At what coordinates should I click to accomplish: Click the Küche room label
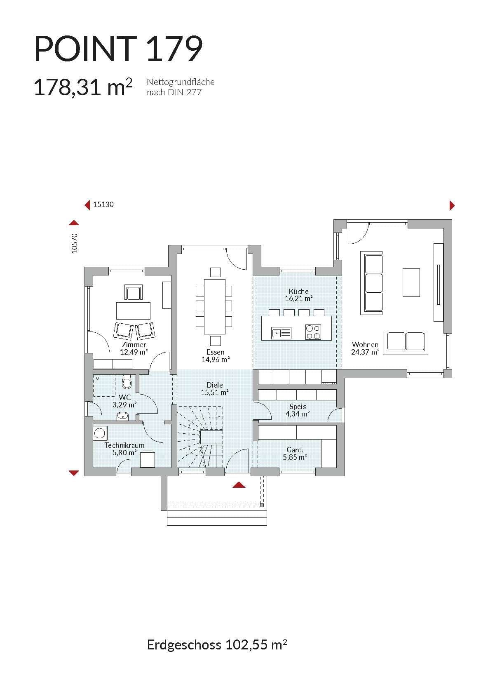click(x=298, y=292)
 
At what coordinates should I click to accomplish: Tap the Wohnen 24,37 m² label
click(x=365, y=348)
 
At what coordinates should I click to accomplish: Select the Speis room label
click(x=298, y=407)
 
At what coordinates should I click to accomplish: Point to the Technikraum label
click(x=124, y=445)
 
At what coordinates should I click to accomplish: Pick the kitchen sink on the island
click(x=281, y=333)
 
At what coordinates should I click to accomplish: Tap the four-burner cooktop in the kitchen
click(x=313, y=332)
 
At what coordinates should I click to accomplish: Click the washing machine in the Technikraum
click(x=100, y=433)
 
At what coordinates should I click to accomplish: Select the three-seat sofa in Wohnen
click(x=372, y=283)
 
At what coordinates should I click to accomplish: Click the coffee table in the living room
click(x=411, y=282)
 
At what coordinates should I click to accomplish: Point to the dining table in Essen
click(x=215, y=307)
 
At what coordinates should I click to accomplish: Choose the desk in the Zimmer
click(x=133, y=310)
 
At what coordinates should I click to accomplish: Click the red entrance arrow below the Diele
click(x=239, y=485)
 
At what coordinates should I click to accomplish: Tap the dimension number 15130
click(x=103, y=204)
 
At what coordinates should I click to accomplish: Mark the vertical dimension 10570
click(x=75, y=243)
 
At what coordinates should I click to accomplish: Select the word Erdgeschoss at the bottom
click(x=184, y=644)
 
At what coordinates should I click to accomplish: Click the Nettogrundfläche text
click(x=181, y=82)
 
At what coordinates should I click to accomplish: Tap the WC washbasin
click(x=122, y=416)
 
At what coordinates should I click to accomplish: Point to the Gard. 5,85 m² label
click(x=295, y=453)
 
